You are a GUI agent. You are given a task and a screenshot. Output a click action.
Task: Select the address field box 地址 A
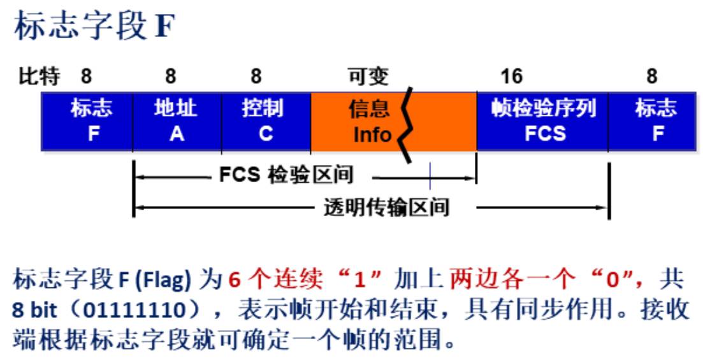click(177, 121)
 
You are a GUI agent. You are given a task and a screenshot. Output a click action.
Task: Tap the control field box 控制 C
click(266, 121)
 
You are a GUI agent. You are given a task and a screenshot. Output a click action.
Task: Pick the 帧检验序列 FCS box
click(542, 121)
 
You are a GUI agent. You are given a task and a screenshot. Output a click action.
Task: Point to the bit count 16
click(511, 77)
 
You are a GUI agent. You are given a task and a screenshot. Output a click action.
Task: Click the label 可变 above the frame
click(367, 77)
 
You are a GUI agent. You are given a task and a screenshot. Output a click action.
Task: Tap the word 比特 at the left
click(38, 77)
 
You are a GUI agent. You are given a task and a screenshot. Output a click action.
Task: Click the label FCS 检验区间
click(286, 175)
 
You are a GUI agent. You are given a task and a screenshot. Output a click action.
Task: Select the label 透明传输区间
click(386, 207)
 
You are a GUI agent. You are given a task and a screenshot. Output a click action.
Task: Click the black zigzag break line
click(407, 125)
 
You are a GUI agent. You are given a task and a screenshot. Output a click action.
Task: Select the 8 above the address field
click(170, 77)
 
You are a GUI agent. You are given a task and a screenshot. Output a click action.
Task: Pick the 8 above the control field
click(256, 77)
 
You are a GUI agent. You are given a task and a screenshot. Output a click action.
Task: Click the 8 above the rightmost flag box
click(651, 77)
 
